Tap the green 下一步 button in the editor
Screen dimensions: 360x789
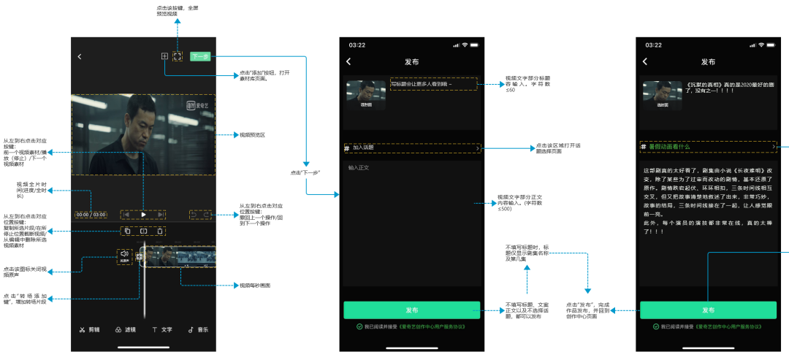pyautogui.click(x=200, y=56)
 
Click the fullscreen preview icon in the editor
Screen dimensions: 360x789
pyautogui.click(x=177, y=56)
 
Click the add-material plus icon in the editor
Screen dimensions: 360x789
pyautogui.click(x=165, y=56)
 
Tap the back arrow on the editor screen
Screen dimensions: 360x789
pyautogui.click(x=80, y=56)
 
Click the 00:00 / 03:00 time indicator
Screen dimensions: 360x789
pyautogui.click(x=91, y=215)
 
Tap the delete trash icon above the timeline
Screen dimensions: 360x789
pyautogui.click(x=159, y=231)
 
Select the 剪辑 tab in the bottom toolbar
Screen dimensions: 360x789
pyautogui.click(x=90, y=329)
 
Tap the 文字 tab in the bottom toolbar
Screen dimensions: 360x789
pyautogui.click(x=161, y=329)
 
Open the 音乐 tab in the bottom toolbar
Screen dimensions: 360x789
pyautogui.click(x=198, y=329)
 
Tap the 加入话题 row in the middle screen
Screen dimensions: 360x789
pyautogui.click(x=413, y=148)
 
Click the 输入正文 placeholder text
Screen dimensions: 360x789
pyautogui.click(x=359, y=168)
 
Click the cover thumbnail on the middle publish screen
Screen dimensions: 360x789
pyautogui.click(x=365, y=95)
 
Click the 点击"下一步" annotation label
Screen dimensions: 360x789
pyautogui.click(x=305, y=172)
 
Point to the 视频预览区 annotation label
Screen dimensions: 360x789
pyautogui.click(x=252, y=135)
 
